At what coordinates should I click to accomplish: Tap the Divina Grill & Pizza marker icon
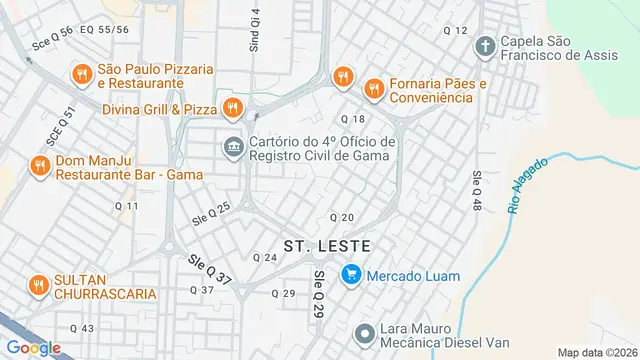[232, 107]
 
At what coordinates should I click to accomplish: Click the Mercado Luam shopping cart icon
[351, 272]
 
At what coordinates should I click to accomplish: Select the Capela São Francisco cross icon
[485, 46]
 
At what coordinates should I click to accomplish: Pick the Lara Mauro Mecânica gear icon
[365, 332]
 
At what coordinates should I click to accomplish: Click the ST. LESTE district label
[327, 245]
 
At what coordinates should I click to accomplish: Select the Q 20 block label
[342, 217]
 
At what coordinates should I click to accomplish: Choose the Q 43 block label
[82, 328]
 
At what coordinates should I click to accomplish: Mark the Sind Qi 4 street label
[255, 31]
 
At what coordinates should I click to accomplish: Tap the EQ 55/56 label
[105, 30]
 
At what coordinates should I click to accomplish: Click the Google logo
[34, 347]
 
